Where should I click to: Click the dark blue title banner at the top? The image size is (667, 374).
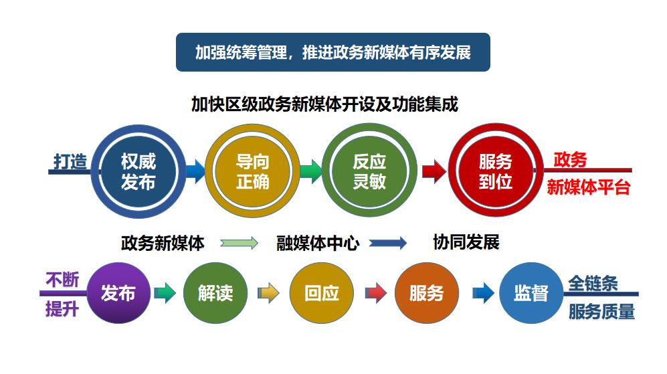[332, 52]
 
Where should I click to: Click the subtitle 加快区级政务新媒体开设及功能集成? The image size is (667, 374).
[324, 104]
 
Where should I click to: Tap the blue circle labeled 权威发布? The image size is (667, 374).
[138, 171]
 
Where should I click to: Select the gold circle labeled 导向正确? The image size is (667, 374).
[253, 171]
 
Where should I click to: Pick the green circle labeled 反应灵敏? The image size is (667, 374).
[369, 171]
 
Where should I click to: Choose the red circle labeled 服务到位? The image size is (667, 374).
[495, 171]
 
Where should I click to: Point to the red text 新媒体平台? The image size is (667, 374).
[589, 187]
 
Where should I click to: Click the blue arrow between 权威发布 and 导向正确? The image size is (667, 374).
[195, 171]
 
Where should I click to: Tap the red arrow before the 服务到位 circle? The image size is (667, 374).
[434, 171]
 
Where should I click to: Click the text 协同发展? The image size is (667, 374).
[466, 242]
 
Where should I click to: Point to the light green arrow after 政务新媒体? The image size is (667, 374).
[239, 244]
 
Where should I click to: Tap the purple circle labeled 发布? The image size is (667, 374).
[118, 293]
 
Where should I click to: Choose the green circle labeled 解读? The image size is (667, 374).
[215, 293]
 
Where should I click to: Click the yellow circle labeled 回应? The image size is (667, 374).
[321, 293]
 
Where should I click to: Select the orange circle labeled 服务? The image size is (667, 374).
[426, 293]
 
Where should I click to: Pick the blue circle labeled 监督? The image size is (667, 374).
[531, 293]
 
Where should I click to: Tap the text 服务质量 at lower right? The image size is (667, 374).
[601, 312]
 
